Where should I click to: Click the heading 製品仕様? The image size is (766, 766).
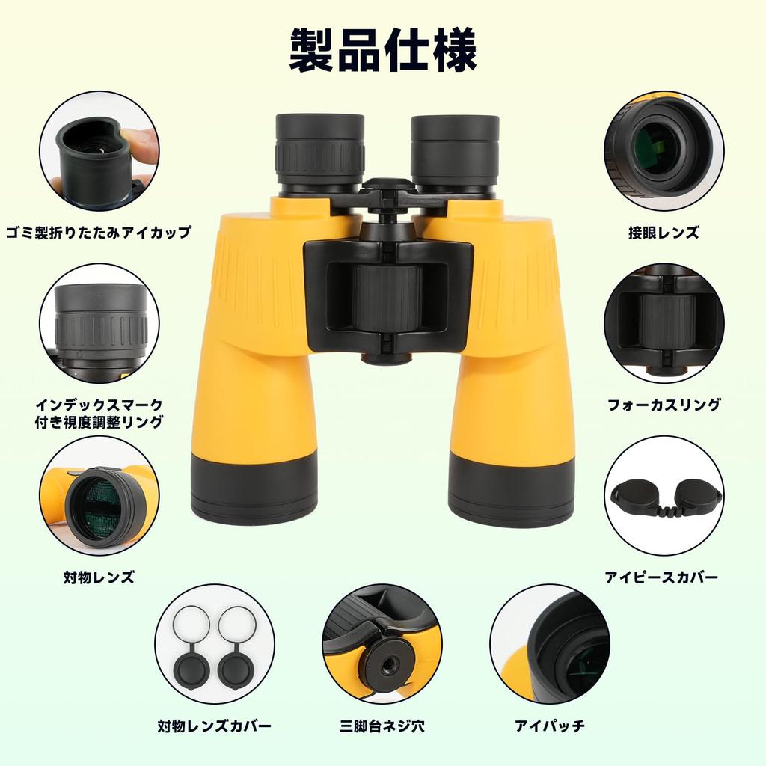point(382,52)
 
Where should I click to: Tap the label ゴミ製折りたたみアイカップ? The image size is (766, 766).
point(98,232)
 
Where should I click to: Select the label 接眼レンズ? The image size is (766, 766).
point(664,232)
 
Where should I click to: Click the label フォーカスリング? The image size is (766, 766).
point(664,405)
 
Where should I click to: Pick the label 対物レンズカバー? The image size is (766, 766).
point(214,726)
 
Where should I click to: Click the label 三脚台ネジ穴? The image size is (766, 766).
point(382,726)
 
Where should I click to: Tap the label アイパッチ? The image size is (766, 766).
point(550,726)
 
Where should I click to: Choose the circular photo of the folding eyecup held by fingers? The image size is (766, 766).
point(99,150)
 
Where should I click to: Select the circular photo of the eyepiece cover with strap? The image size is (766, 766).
point(664,495)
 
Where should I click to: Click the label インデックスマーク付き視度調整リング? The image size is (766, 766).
point(98,413)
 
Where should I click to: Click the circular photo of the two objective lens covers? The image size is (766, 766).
point(215,644)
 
